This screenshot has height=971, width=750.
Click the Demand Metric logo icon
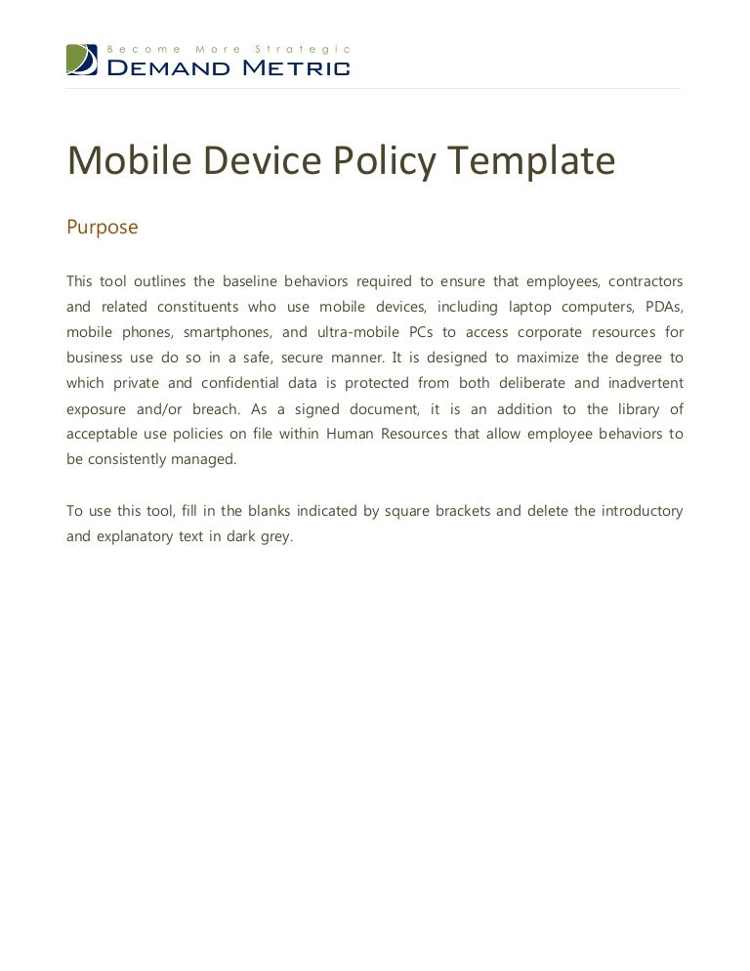(x=82, y=60)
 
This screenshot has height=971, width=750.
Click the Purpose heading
(x=103, y=228)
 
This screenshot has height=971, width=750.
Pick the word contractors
(x=644, y=280)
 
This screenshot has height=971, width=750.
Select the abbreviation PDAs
(x=665, y=306)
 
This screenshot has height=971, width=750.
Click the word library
(x=639, y=407)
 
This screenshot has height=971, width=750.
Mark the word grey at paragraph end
(x=276, y=535)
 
